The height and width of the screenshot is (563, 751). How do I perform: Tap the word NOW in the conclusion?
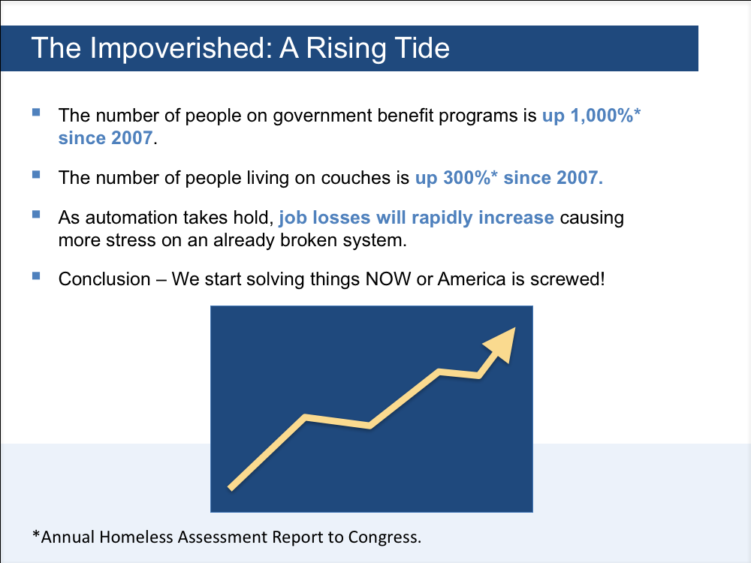pyautogui.click(x=388, y=279)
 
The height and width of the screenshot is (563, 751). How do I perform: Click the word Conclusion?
pyautogui.click(x=104, y=279)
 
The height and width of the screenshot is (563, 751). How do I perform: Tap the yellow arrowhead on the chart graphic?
pyautogui.click(x=501, y=344)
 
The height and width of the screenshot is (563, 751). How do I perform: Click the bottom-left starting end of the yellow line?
pyautogui.click(x=230, y=489)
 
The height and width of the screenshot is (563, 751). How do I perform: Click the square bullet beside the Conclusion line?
pyautogui.click(x=36, y=276)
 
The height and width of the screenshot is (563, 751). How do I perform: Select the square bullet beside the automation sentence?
pyautogui.click(x=36, y=214)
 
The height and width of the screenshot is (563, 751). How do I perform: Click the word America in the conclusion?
pyautogui.click(x=472, y=279)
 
